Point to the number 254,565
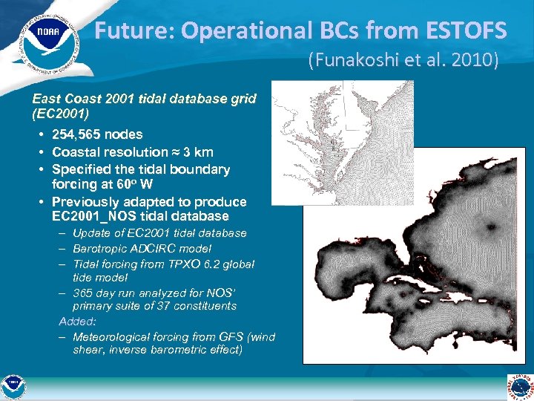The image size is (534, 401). [x=77, y=134]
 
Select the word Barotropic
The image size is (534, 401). [x=104, y=249]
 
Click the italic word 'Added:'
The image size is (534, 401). [x=76, y=322]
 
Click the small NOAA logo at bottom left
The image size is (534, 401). [x=13, y=387]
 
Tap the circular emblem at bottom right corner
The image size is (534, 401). [x=520, y=387]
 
